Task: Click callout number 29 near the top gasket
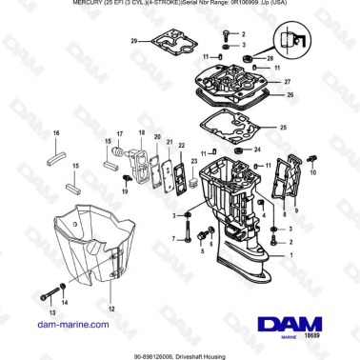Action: click(x=134, y=40)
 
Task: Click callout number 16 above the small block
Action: click(x=55, y=131)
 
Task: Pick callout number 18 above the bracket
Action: click(x=141, y=132)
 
